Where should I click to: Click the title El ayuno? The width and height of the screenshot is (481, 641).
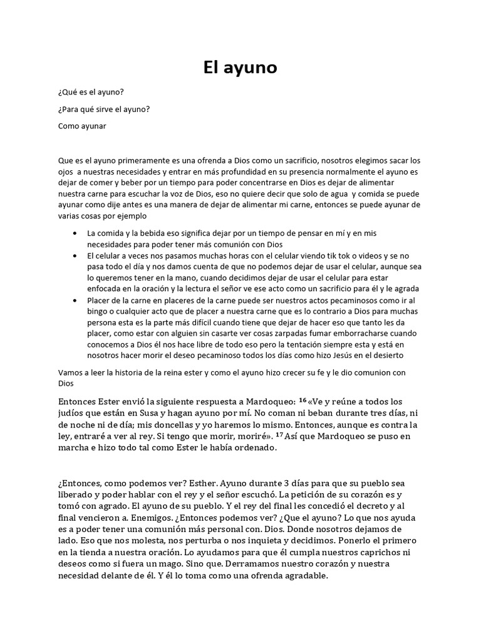pos(240,68)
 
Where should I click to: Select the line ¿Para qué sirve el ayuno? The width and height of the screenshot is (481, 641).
pos(103,109)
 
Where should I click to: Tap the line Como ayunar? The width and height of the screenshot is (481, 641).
pos(81,126)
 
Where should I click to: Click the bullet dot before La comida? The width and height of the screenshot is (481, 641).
pos(75,233)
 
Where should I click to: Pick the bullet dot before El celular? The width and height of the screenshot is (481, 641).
pos(75,255)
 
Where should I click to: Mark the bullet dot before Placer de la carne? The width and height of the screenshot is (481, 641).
pos(75,300)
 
